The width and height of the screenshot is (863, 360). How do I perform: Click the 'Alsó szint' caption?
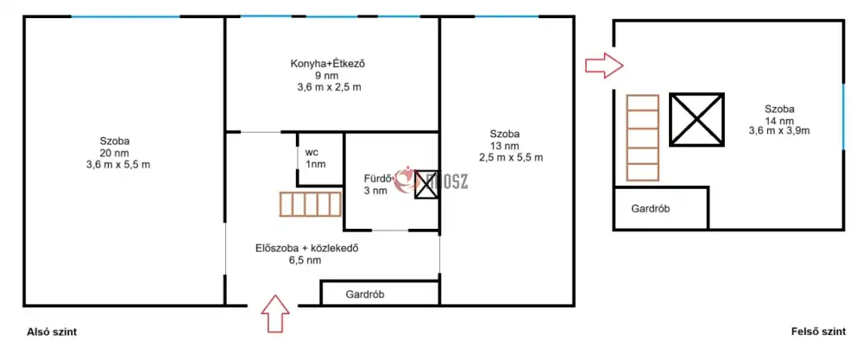coord(52,332)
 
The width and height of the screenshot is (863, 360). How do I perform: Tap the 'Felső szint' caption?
coord(818,332)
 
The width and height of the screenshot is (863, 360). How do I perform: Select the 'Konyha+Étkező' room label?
coord(328,63)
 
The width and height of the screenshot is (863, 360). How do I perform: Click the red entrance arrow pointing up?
coord(274,313)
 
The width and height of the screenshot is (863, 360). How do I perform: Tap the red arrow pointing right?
coord(604,65)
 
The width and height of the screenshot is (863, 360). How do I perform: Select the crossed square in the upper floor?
coord(696,119)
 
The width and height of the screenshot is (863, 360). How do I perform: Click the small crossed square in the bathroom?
coord(425,185)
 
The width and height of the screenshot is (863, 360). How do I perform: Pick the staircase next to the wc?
coord(311,204)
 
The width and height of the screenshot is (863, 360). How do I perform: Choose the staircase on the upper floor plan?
coord(643,137)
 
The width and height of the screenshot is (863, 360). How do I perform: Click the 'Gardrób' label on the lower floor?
coord(365,294)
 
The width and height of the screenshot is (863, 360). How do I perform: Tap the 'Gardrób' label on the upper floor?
coord(651,209)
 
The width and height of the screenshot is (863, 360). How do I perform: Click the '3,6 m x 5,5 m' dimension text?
coord(118,165)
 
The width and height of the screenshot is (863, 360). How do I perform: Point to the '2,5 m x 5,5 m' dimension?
coord(511,157)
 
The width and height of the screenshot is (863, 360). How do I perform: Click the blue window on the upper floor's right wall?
coord(843,117)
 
